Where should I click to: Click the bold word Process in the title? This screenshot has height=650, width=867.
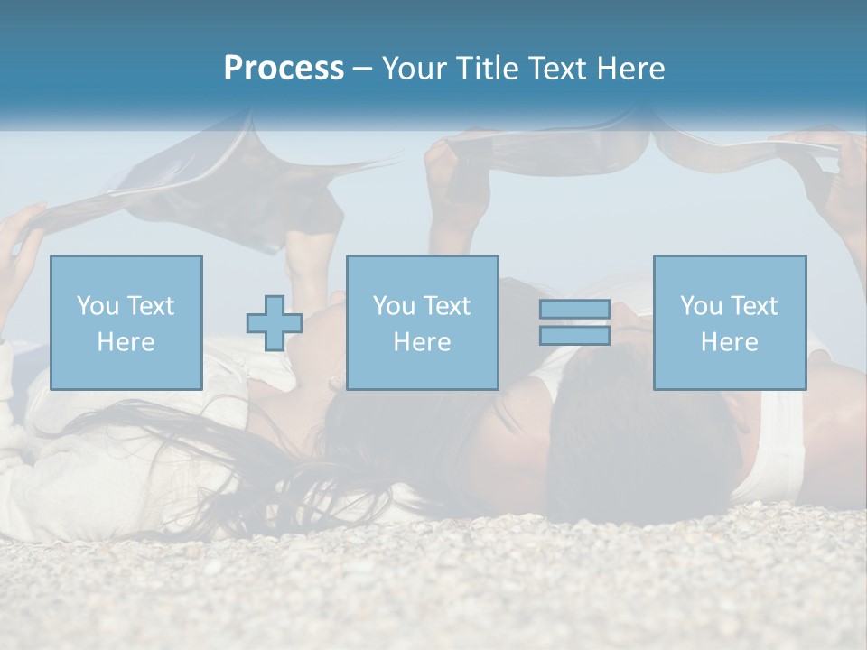pyautogui.click(x=284, y=69)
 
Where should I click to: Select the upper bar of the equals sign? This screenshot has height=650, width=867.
pyautogui.click(x=574, y=310)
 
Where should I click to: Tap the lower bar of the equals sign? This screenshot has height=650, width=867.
pyautogui.click(x=574, y=335)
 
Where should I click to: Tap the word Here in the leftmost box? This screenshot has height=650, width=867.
pyautogui.click(x=126, y=342)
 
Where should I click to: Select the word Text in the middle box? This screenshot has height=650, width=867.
pyautogui.click(x=447, y=306)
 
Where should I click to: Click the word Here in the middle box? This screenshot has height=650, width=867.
pyautogui.click(x=423, y=342)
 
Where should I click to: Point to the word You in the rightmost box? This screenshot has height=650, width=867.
pyautogui.click(x=701, y=306)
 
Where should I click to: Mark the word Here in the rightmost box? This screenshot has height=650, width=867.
pyautogui.click(x=730, y=342)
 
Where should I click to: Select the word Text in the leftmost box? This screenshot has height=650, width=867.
pyautogui.click(x=151, y=306)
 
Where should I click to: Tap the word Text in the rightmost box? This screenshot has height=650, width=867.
pyautogui.click(x=754, y=306)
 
